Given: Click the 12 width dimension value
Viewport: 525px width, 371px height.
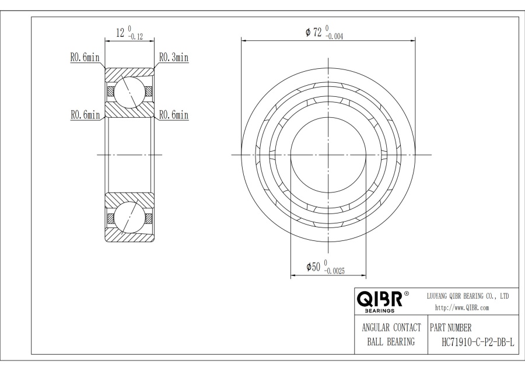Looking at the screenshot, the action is pos(120,33).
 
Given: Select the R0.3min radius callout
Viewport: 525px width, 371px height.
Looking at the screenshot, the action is pos(174,57).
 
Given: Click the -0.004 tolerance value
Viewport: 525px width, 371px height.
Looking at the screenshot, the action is pos(334,37).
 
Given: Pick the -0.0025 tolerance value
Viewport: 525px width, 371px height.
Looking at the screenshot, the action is pos(334,272).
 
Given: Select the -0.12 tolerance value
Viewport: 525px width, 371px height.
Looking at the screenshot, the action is pos(135,37).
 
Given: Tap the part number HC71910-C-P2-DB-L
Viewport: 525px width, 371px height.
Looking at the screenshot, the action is pos(478,342).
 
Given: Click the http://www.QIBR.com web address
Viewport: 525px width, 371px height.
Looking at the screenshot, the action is pos(462,308).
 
